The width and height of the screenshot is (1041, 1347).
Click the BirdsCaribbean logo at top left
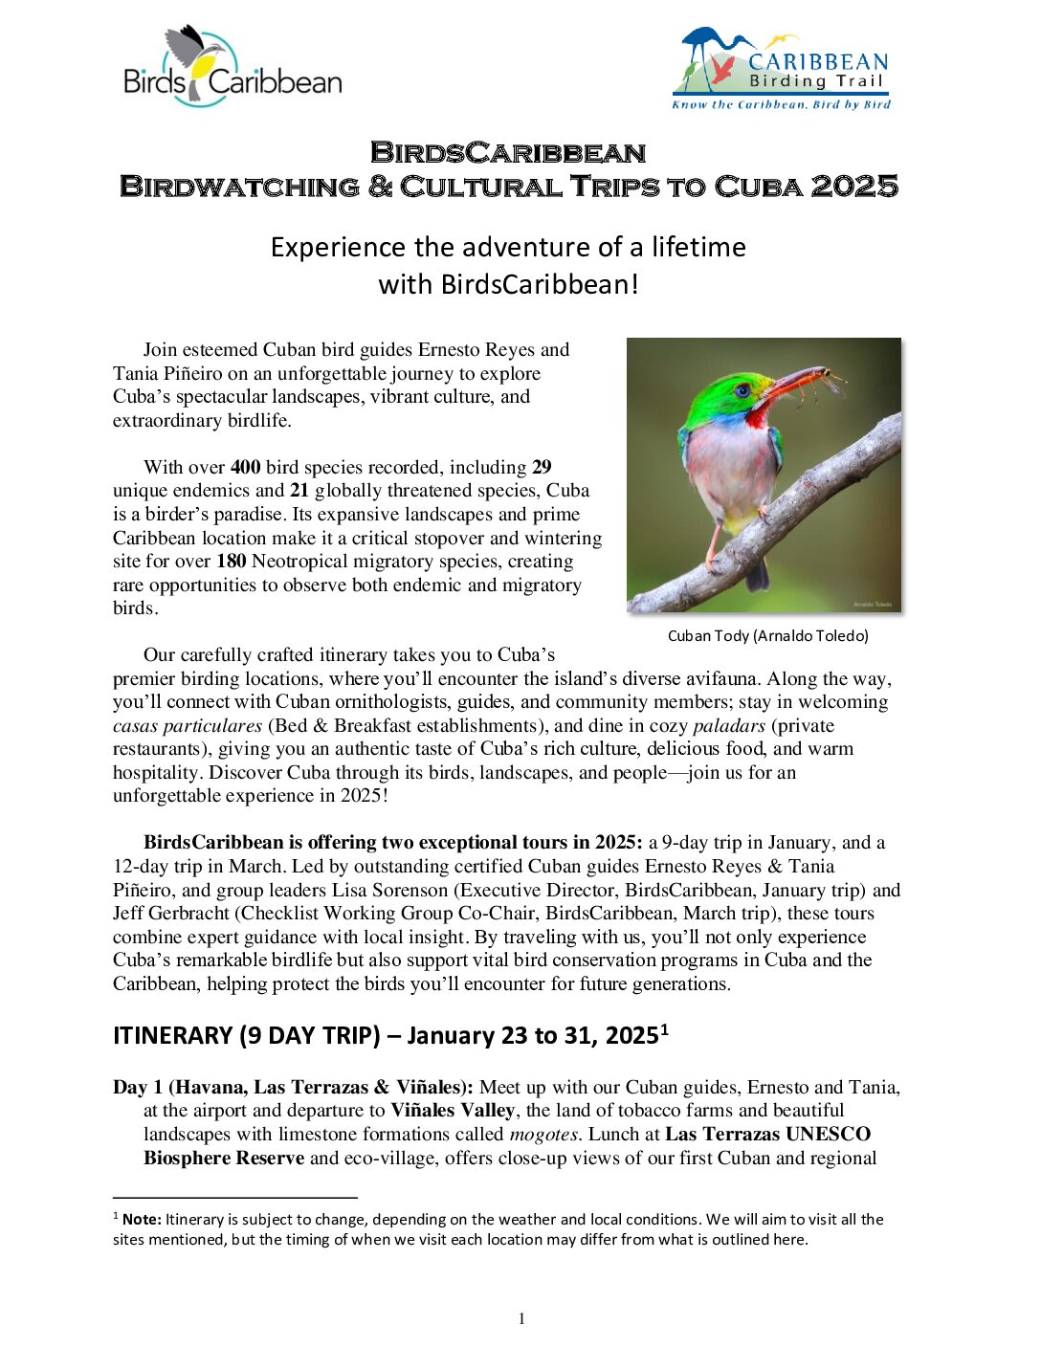[x=232, y=67]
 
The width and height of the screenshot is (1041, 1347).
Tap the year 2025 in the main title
[x=854, y=187]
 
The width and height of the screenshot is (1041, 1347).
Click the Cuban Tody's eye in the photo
[x=742, y=390]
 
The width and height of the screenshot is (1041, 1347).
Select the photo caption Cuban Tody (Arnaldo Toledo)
[x=767, y=635]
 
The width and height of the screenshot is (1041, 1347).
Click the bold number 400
[x=245, y=468]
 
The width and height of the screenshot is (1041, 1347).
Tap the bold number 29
[x=542, y=468]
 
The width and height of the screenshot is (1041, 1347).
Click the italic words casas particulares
[x=188, y=726]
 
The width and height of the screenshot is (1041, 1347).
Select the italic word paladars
[x=729, y=726]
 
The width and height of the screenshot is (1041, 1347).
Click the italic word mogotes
[x=544, y=1135]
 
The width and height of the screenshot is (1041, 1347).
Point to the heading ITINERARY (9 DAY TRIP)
[x=247, y=1036]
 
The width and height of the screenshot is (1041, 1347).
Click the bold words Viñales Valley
[x=453, y=1111]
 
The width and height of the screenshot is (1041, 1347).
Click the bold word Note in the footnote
[x=141, y=1220]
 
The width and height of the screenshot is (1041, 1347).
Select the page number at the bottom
[x=521, y=1319]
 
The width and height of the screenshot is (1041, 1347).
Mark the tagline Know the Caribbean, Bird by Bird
[x=781, y=105]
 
